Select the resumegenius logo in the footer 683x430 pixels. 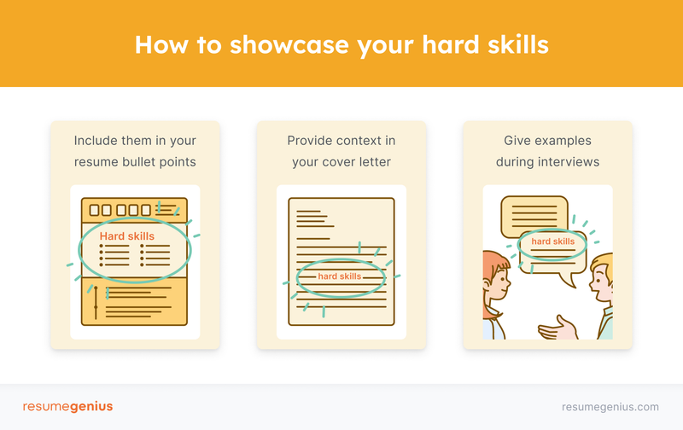[x=67, y=406]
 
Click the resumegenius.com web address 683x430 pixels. [x=610, y=407]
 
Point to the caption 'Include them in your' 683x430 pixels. [x=135, y=141]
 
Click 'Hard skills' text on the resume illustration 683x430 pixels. [x=128, y=236]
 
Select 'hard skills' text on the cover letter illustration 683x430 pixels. [x=340, y=276]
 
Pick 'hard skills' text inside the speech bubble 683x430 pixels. [x=552, y=241]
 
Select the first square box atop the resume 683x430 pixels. [x=93, y=209]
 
